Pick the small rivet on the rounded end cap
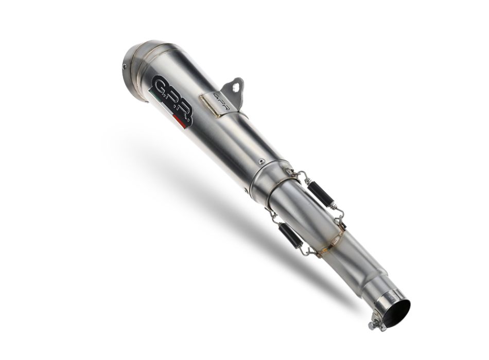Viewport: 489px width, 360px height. pyautogui.click(x=125, y=66)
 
